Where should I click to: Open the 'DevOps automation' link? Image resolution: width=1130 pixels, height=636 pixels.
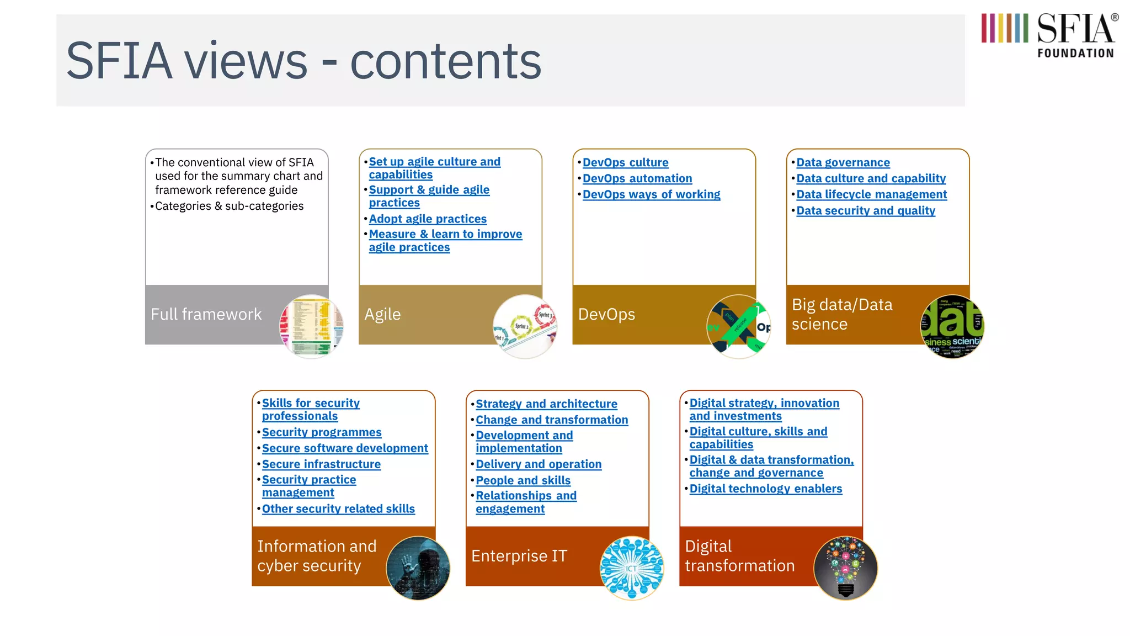(x=637, y=178)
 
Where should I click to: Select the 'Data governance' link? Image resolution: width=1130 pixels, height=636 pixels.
(x=843, y=162)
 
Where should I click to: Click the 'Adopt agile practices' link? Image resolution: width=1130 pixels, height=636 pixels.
(x=428, y=219)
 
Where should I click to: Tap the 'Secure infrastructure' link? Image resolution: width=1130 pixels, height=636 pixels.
(x=321, y=464)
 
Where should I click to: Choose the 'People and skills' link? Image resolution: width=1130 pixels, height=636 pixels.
(x=523, y=480)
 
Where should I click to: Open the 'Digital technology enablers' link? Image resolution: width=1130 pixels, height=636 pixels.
(x=766, y=489)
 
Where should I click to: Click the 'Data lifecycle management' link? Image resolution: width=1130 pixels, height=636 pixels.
(x=872, y=194)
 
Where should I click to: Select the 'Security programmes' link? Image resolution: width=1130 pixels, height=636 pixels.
(x=322, y=432)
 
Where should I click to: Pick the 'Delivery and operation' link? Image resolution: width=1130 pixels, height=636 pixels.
(x=539, y=464)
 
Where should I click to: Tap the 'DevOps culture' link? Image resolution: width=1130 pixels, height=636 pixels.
(x=626, y=162)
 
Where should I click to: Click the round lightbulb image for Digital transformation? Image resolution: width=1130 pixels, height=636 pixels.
(x=845, y=568)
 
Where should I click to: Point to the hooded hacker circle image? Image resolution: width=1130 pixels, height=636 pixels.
(x=418, y=568)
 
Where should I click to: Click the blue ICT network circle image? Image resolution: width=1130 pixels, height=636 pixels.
(x=632, y=568)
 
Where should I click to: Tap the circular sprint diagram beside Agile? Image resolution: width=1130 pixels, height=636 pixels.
(x=525, y=326)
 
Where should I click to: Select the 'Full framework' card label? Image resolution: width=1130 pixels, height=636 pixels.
(x=206, y=314)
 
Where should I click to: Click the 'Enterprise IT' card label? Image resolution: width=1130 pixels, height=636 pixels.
(x=519, y=556)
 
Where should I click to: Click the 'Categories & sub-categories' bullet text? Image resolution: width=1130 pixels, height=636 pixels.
(x=229, y=206)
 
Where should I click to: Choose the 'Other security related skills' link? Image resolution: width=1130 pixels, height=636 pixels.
(x=338, y=508)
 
